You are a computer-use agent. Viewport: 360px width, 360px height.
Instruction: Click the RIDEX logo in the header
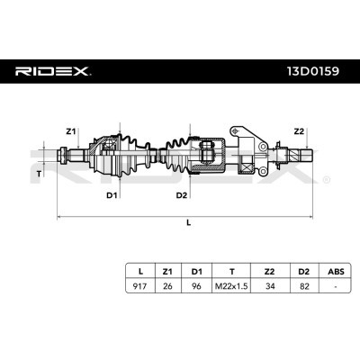coord(51,71)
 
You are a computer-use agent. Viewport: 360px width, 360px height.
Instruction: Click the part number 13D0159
coord(313,71)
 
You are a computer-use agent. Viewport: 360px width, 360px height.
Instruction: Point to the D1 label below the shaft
coord(111,193)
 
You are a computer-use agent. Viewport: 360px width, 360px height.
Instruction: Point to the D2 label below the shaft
coord(182,193)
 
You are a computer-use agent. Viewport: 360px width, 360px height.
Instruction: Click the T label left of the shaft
coord(40,171)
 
